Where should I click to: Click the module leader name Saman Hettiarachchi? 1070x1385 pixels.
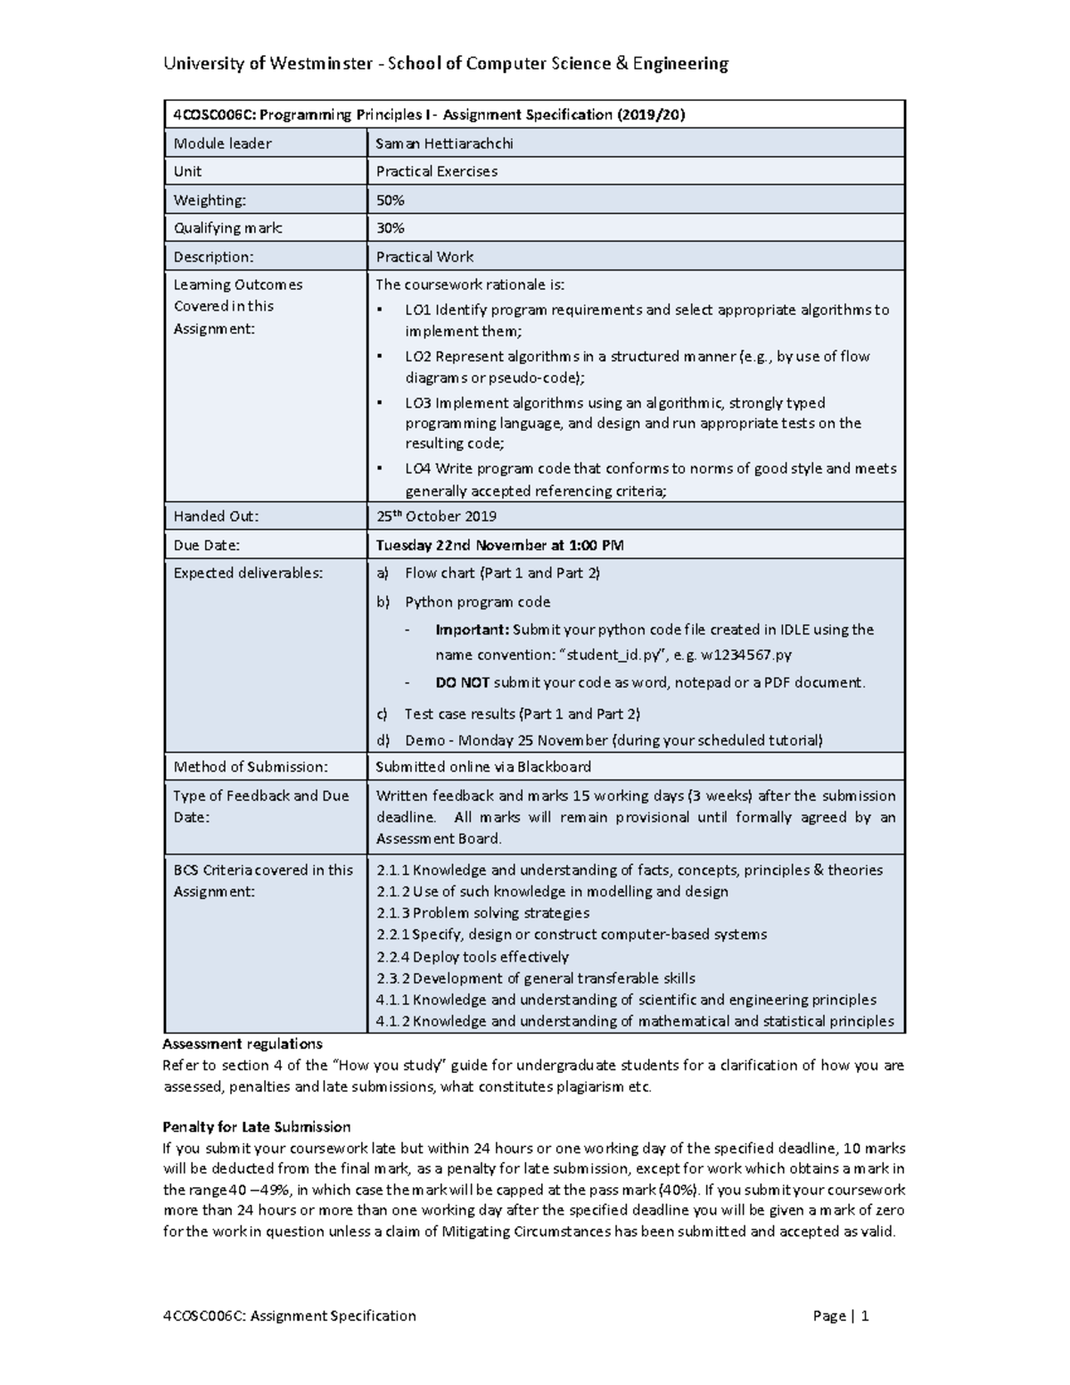coord(444,144)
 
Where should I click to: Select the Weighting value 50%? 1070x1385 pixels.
coord(390,201)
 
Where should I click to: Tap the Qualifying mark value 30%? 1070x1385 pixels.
coord(390,228)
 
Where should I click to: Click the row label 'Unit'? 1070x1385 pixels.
coord(187,171)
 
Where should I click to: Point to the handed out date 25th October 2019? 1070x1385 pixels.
coord(436,516)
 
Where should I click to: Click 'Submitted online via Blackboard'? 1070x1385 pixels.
coord(482,767)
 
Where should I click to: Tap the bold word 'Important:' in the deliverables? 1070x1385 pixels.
coord(472,630)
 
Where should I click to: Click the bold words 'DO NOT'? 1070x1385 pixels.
coord(462,683)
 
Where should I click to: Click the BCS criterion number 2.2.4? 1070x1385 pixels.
coord(392,957)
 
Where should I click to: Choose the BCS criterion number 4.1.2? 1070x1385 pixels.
coord(392,1022)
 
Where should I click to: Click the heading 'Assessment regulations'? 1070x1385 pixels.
coord(243,1043)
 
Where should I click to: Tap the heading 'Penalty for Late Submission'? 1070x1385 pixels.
coord(257,1126)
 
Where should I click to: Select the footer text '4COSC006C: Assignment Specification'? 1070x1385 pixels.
coord(290,1315)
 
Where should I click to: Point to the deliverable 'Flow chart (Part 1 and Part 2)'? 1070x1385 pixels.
coord(502,573)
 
